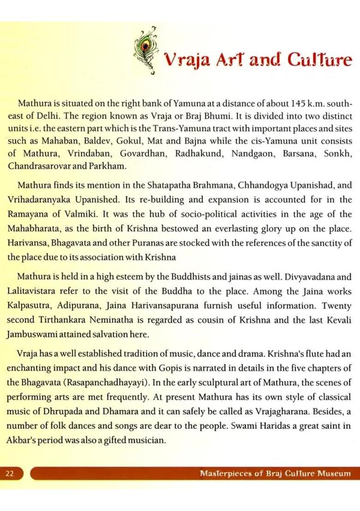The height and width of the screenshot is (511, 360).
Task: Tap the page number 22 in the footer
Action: pyautogui.click(x=10, y=473)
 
